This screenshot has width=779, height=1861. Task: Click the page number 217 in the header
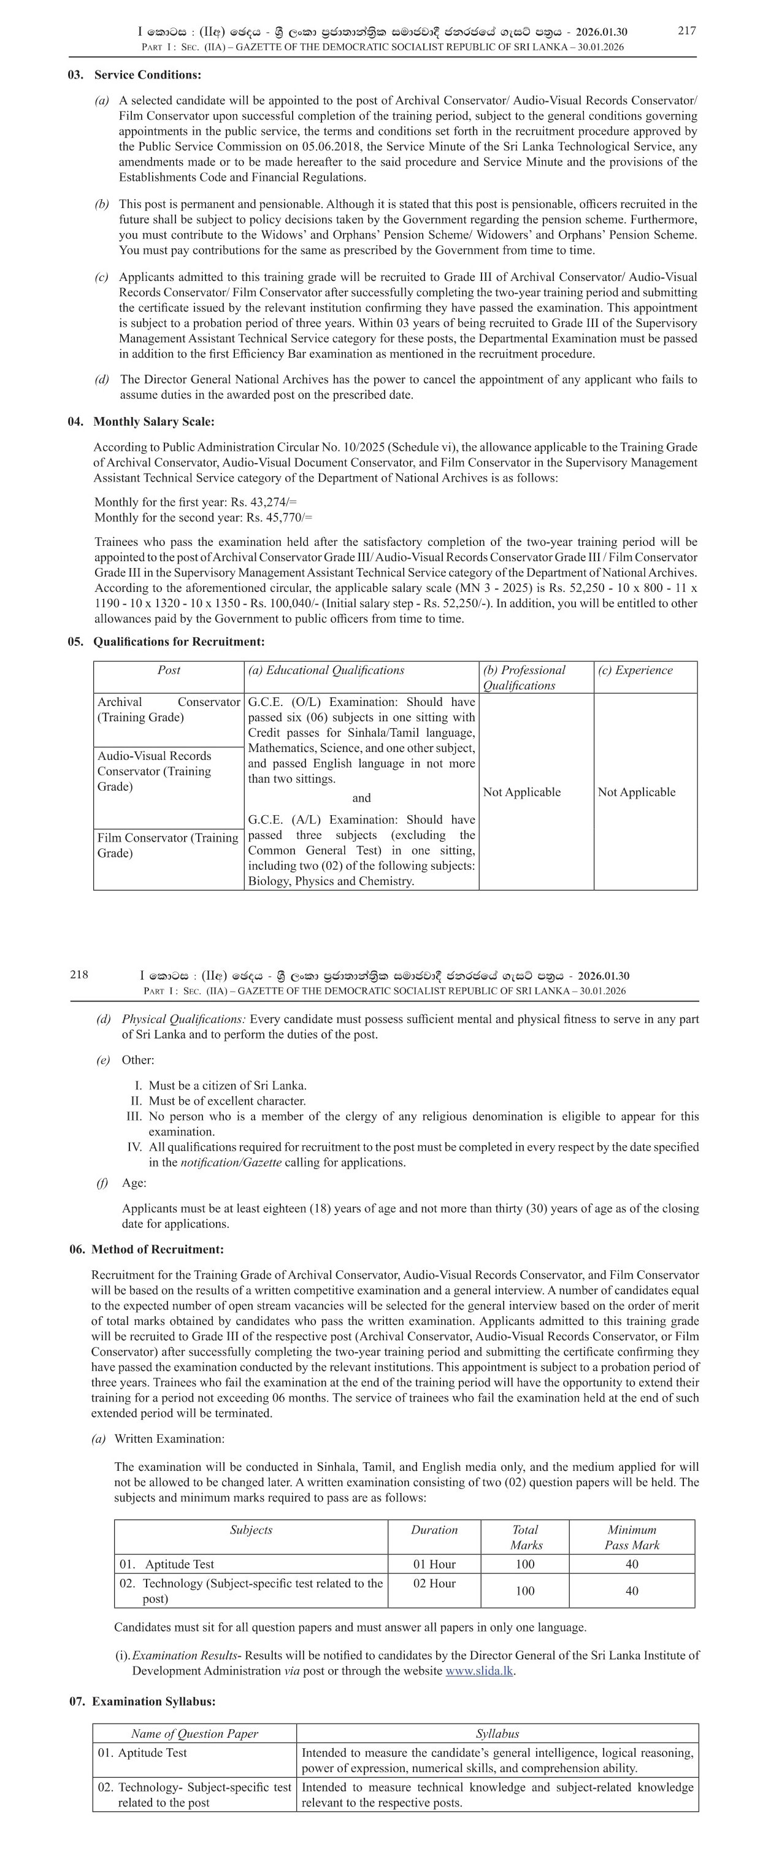click(686, 30)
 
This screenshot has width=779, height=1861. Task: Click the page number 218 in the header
click(80, 975)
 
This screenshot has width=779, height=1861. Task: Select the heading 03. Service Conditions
click(134, 75)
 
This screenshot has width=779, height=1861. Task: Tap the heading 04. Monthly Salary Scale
click(141, 422)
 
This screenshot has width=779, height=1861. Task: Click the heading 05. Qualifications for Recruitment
click(166, 642)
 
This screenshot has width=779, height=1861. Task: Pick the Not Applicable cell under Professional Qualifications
click(522, 792)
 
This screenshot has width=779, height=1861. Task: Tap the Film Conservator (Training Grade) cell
click(167, 845)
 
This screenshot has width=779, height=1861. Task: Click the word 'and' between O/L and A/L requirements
click(361, 798)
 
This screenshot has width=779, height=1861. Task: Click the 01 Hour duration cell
click(434, 1564)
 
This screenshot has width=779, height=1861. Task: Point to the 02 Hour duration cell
click(434, 1584)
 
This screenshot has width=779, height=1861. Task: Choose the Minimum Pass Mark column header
click(632, 1537)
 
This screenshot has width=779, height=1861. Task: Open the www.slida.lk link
click(478, 1671)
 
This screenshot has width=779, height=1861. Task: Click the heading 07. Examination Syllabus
click(142, 1702)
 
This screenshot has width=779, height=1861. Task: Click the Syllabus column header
click(497, 1734)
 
